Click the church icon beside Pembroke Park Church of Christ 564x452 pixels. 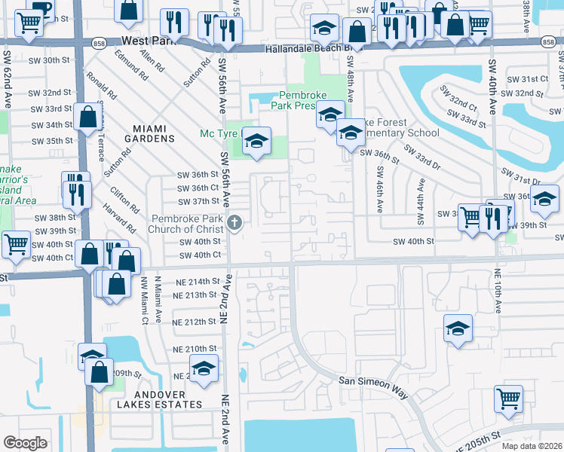pyautogui.click(x=234, y=222)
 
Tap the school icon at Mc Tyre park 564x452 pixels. pyautogui.click(x=256, y=141)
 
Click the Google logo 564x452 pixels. pyautogui.click(x=26, y=442)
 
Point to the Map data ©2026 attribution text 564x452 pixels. pyautogui.click(x=532, y=446)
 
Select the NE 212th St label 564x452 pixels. pyautogui.click(x=195, y=322)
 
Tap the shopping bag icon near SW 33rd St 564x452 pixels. pyautogui.click(x=88, y=118)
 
